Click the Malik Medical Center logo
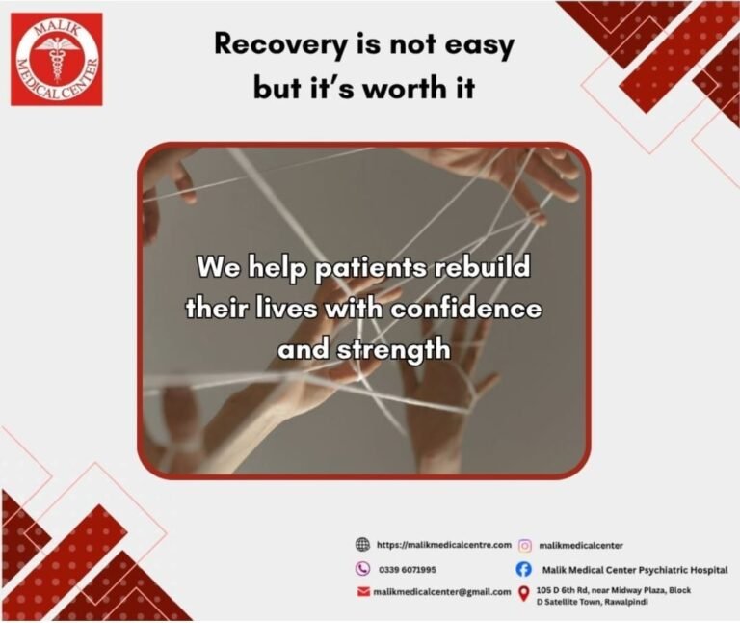[x=56, y=59]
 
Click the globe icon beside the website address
[x=363, y=545]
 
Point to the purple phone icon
[x=363, y=569]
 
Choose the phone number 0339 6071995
[x=406, y=570]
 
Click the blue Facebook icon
[x=525, y=570]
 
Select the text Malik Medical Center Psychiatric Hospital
[x=635, y=570]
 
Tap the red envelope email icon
[x=363, y=591]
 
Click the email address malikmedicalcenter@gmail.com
[x=442, y=591]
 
